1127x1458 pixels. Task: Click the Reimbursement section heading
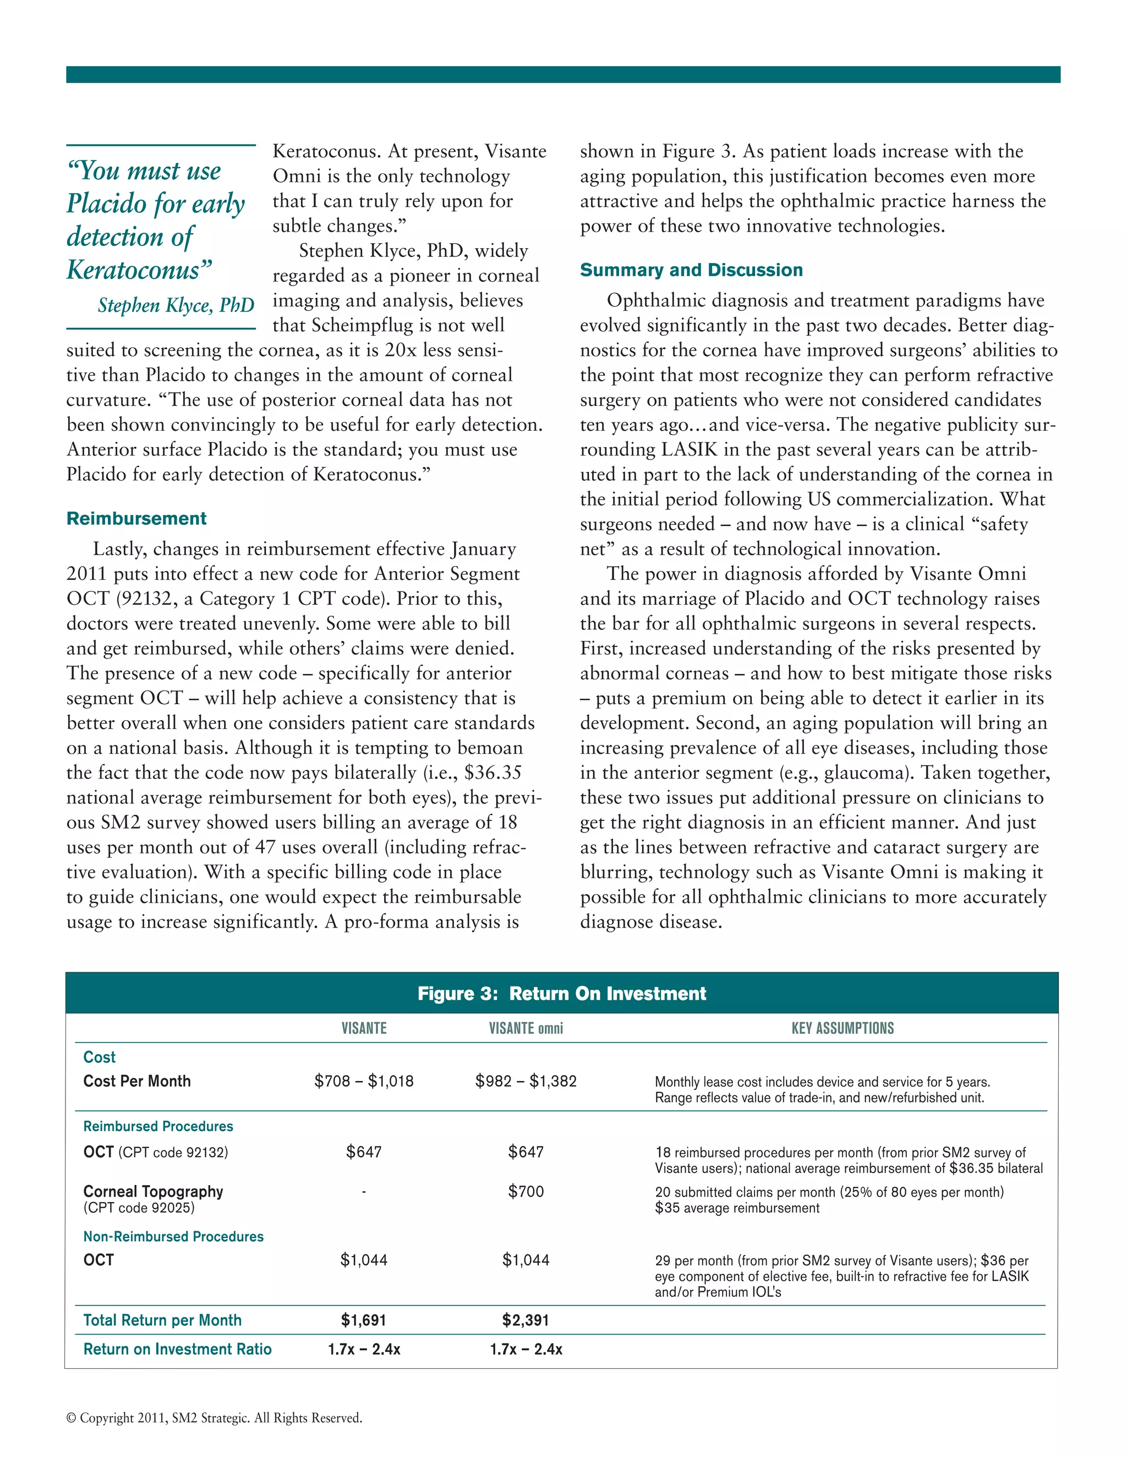(x=136, y=519)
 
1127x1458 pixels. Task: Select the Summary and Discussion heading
(x=691, y=270)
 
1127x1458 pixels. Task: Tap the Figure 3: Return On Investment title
(x=561, y=993)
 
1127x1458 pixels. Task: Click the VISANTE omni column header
(x=526, y=1029)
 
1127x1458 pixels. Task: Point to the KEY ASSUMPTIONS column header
(x=842, y=1029)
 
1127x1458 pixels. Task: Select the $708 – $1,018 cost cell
(x=364, y=1081)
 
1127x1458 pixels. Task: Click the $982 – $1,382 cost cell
(x=526, y=1081)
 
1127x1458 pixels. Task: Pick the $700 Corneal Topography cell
(x=526, y=1192)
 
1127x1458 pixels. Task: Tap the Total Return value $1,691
(x=364, y=1320)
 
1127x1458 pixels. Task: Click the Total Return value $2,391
(x=526, y=1320)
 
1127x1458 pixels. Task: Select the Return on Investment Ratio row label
(x=177, y=1349)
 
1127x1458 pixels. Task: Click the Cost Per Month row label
(x=137, y=1081)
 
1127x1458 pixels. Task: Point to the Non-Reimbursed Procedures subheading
(x=173, y=1236)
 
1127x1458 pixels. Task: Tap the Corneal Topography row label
(x=153, y=1192)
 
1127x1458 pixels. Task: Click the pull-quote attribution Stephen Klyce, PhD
(x=176, y=305)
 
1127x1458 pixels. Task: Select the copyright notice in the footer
(x=214, y=1418)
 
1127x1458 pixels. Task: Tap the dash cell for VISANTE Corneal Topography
(x=364, y=1192)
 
